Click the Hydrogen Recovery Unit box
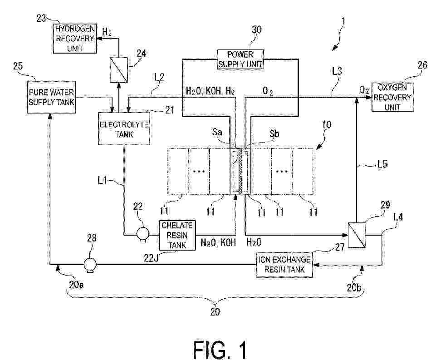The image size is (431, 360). coord(75,38)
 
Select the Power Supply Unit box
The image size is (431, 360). coord(240,59)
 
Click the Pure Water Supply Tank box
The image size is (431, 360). coord(50,93)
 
